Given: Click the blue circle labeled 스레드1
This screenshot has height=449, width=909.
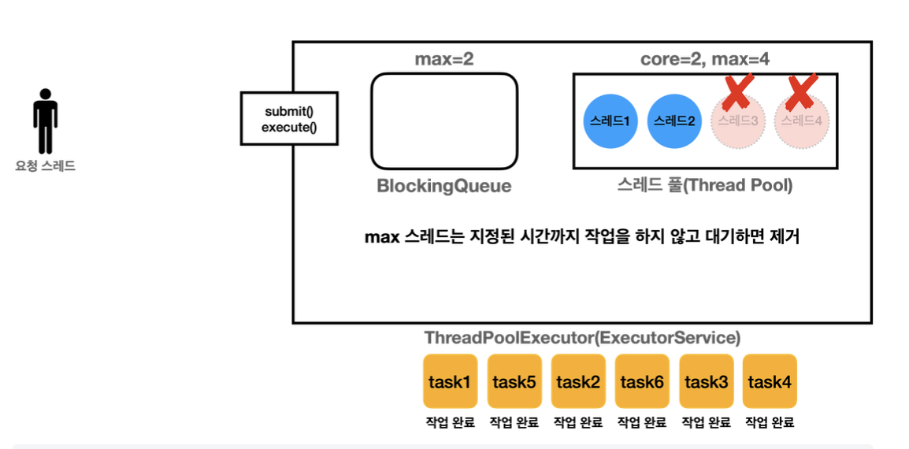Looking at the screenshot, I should pos(610,121).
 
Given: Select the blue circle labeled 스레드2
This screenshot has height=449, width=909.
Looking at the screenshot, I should pos(674,121).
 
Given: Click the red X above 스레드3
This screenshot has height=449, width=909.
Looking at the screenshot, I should pos(737,92).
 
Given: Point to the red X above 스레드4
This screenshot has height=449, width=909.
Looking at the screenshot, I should pos(802,92).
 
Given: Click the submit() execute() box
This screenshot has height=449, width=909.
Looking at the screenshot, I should pos(289,118).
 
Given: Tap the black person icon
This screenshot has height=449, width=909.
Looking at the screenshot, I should pos(46,121).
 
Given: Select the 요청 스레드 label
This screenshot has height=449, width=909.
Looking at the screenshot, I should pos(46,166).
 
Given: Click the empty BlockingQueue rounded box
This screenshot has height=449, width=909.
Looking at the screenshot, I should pos(444,121).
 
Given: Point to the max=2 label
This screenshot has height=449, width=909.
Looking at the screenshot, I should pos(444,59).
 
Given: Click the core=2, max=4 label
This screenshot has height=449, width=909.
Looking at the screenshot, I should pos(704,59).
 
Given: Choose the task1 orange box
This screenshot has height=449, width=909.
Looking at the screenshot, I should pos(450,382).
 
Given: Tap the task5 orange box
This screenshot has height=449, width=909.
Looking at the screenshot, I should pos(514,382).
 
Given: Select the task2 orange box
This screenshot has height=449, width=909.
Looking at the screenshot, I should pos(578,382).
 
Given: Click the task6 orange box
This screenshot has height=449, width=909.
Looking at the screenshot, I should pos(642,382).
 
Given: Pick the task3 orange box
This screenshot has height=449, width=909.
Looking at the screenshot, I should pos(706,382).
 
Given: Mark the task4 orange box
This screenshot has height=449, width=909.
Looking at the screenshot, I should pos(770,382).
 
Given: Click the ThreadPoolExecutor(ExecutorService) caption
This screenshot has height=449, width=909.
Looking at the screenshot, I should pos(582,338).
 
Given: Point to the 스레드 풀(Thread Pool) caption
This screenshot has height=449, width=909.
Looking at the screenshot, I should pos(704,186).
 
